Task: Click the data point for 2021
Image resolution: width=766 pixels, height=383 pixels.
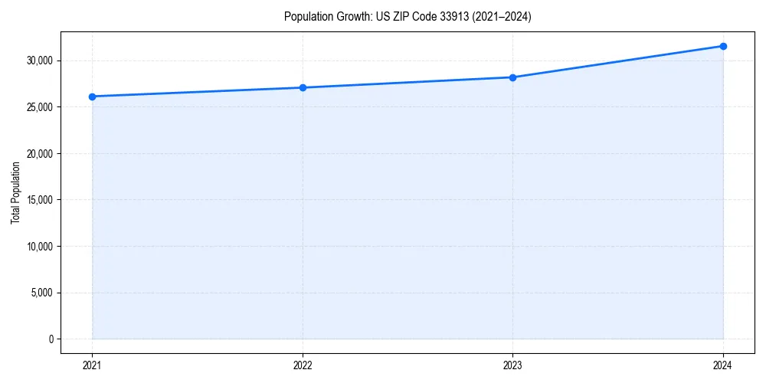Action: [x=93, y=97]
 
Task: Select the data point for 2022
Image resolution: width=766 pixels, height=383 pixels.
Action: [x=303, y=87]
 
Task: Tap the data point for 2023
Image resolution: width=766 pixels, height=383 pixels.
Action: [x=512, y=77]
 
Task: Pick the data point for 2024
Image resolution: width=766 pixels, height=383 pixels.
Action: [x=723, y=46]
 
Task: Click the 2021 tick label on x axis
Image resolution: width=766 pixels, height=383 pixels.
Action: [x=93, y=365]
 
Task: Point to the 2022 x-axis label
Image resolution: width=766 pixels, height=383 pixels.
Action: [x=303, y=365]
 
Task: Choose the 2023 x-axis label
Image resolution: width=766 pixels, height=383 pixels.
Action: [x=512, y=365]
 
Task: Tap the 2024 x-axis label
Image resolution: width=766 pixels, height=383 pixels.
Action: [x=723, y=365]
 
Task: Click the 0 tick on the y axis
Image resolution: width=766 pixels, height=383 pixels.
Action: [x=51, y=339]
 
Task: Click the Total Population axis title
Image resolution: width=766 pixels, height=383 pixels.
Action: [x=16, y=192]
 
